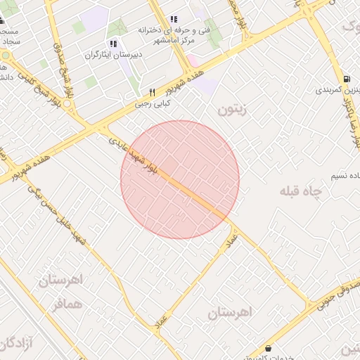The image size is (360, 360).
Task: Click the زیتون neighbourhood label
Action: pos(233,110)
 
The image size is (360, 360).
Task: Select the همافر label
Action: pos(67,305)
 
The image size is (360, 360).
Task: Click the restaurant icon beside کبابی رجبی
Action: pos(152,92)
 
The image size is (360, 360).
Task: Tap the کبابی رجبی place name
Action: pos(153,103)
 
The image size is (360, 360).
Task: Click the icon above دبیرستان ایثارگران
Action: pos(113,44)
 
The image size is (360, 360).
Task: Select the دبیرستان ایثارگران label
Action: pos(113,54)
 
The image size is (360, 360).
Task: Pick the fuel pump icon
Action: pos(347,79)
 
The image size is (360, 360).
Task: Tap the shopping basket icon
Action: pos(268,347)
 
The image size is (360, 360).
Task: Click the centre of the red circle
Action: pos(180,179)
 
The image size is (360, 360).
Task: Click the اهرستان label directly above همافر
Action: pos(60,281)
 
